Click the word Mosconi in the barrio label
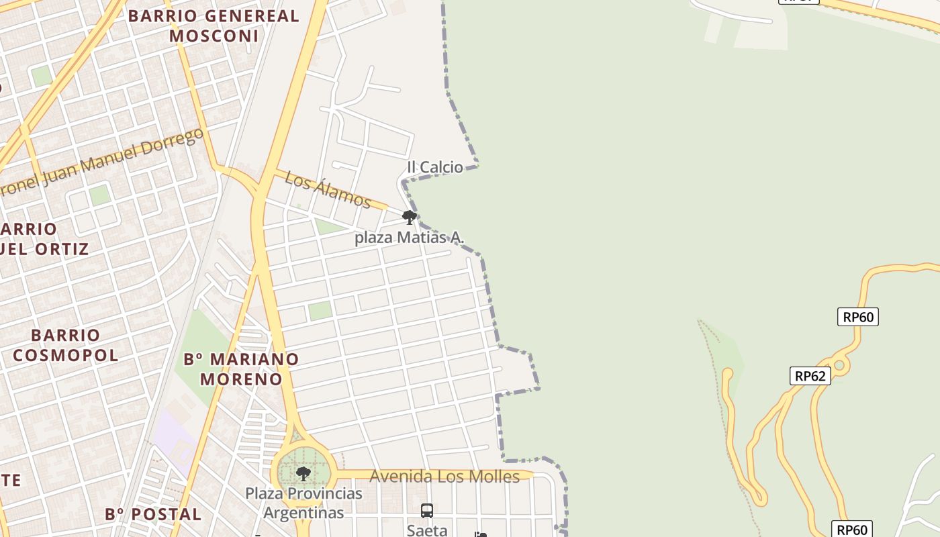point(214,36)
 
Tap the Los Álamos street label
point(328,189)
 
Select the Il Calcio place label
point(435,167)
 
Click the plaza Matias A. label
point(410,238)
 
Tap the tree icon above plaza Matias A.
point(409,217)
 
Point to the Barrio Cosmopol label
point(65,345)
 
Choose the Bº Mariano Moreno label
point(241,369)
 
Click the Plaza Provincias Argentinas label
point(303,503)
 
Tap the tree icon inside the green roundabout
point(303,474)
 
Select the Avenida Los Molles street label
point(444,477)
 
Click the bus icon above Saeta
point(427,511)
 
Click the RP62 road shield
point(810,376)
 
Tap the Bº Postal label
point(153,515)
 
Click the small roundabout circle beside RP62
point(839,366)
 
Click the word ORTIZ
point(63,249)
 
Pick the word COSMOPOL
point(65,355)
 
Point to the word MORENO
point(241,379)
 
